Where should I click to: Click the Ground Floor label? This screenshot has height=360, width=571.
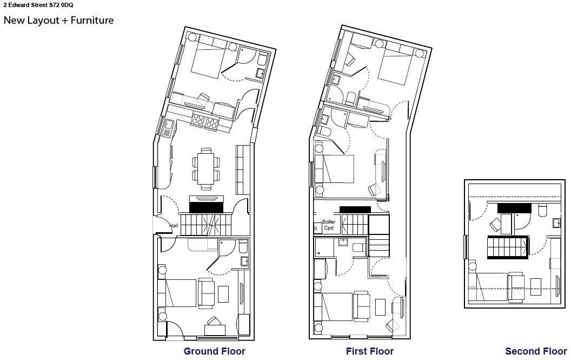(214, 351)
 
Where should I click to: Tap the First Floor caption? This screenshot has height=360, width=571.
(370, 351)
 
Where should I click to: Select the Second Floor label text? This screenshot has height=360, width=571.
(536, 351)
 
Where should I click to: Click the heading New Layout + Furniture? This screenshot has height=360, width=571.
(58, 21)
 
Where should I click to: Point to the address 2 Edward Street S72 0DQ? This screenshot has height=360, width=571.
(38, 5)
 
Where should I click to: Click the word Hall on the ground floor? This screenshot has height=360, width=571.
(174, 226)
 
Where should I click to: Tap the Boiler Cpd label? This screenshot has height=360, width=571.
(329, 225)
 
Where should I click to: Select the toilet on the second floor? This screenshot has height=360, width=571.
(542, 210)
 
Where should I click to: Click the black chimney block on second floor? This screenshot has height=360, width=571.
(514, 208)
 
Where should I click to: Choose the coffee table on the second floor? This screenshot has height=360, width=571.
(536, 286)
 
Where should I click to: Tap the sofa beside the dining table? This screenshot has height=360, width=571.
(243, 168)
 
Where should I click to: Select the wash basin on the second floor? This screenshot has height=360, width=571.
(556, 222)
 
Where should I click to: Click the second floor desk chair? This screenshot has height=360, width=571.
(495, 225)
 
